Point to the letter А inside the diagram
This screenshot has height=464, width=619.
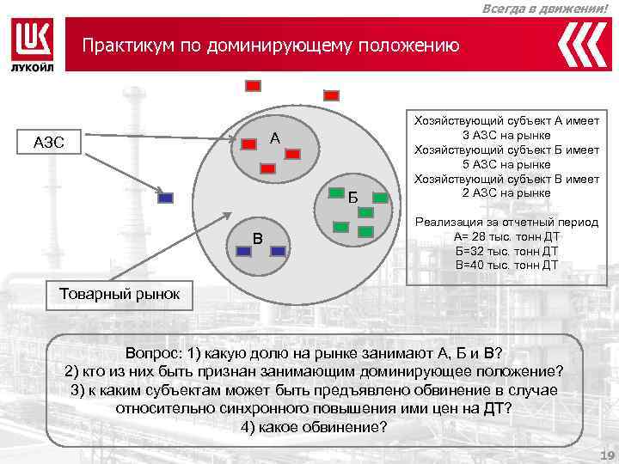click(x=274, y=138)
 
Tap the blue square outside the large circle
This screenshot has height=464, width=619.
click(x=167, y=198)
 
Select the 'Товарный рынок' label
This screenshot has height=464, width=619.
click(x=120, y=294)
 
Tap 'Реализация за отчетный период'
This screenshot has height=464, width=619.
click(x=506, y=222)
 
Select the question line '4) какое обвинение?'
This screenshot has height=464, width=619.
click(x=315, y=427)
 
